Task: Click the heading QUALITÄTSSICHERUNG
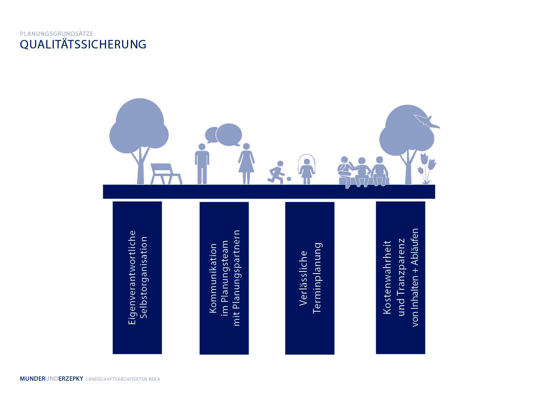(x=83, y=44)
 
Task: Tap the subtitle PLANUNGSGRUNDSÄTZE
(x=57, y=34)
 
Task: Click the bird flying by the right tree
(x=427, y=121)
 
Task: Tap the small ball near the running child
(x=289, y=178)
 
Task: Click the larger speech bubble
(x=229, y=134)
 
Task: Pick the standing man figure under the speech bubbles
(x=202, y=164)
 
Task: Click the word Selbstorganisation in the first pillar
(x=143, y=277)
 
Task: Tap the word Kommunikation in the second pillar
(x=213, y=278)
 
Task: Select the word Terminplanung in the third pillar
(x=317, y=278)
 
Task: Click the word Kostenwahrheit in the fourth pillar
(x=387, y=277)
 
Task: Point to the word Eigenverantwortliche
(x=132, y=277)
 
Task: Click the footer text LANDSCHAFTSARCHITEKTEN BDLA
(x=123, y=379)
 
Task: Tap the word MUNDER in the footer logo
(x=33, y=379)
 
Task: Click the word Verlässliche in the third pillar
(x=303, y=278)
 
